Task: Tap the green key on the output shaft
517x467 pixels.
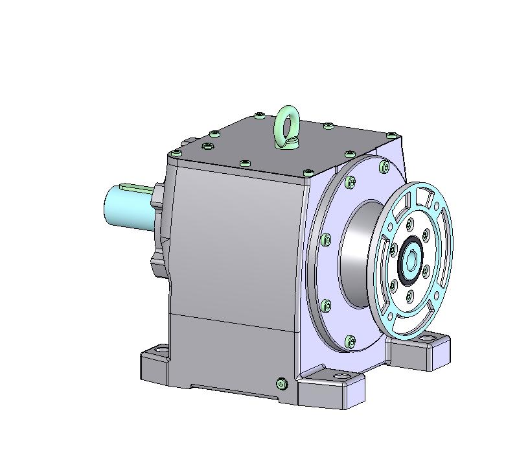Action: [x=137, y=188]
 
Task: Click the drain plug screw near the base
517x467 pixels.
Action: [x=281, y=384]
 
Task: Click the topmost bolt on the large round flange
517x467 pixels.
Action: [x=350, y=183]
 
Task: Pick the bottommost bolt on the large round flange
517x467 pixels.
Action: [x=350, y=340]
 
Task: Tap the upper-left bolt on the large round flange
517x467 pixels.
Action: [x=326, y=241]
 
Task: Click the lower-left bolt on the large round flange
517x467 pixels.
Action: [x=326, y=305]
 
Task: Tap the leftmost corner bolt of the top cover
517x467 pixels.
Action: [x=176, y=153]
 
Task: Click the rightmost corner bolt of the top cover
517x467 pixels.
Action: [x=392, y=135]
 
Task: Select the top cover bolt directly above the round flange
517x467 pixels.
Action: [x=349, y=154]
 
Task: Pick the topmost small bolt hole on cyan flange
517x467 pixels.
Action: [x=410, y=225]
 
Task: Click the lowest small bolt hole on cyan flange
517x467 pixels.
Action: [x=410, y=297]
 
